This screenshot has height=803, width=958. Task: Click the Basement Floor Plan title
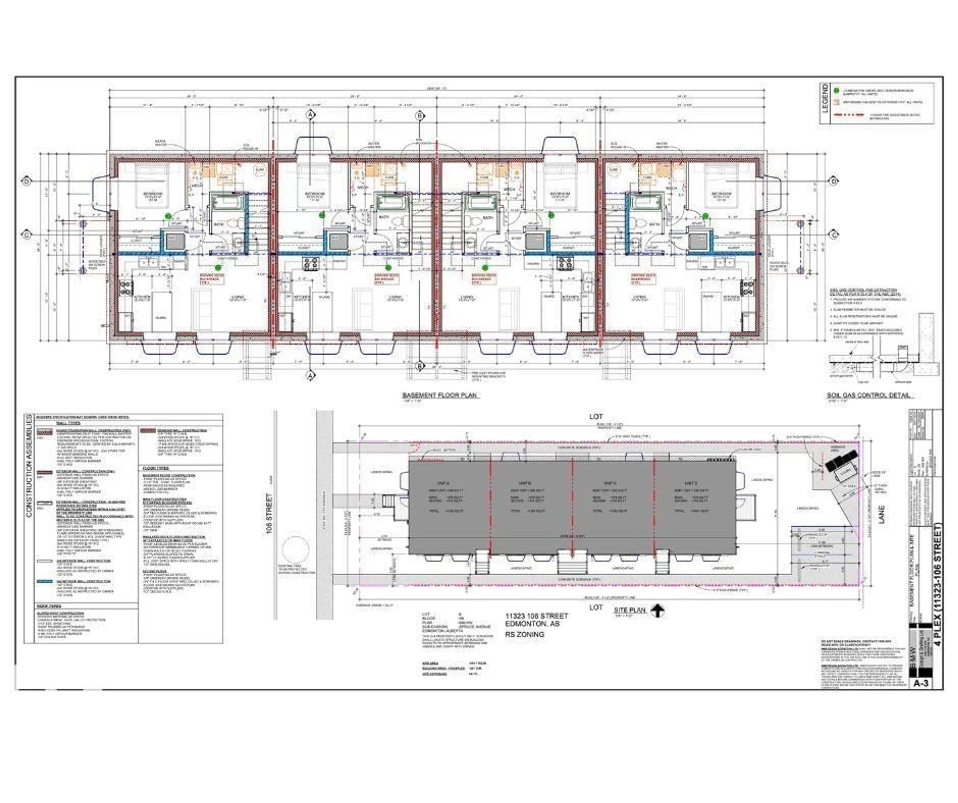click(x=440, y=395)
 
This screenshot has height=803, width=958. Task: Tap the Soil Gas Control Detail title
click(x=869, y=395)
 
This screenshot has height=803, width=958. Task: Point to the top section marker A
click(x=311, y=115)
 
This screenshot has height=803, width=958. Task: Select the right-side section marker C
click(x=834, y=235)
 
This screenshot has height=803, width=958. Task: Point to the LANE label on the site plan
click(x=881, y=514)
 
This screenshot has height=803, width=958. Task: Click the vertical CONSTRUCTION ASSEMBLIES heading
click(x=29, y=465)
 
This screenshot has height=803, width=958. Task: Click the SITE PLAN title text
click(x=629, y=610)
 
